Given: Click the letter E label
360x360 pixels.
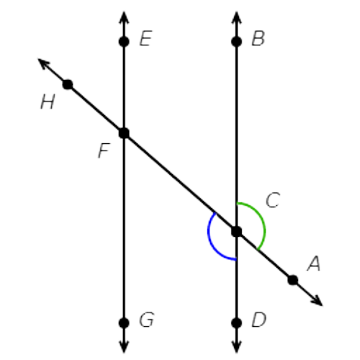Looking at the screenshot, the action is tap(145, 38).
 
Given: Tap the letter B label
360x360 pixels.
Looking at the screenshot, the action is tap(258, 38).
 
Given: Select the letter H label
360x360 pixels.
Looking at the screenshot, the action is tap(48, 102).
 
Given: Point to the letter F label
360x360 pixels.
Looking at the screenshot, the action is tap(104, 150).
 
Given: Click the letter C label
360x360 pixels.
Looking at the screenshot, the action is tap(273, 200).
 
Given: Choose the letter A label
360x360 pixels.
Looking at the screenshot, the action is tap(314, 264).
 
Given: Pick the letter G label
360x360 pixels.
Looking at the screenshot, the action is tap(147, 320).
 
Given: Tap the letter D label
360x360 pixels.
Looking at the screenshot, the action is tap(259, 320).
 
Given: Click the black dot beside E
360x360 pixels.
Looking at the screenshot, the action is tap(124, 42).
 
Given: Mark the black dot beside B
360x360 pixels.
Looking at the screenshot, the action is tap(237, 42).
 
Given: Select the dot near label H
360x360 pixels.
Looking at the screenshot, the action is tap(68, 84).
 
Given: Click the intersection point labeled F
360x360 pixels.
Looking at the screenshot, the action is tap(124, 133).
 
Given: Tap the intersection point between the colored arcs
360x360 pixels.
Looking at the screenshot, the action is tap(237, 232).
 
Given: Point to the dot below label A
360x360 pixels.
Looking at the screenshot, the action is tap(293, 280).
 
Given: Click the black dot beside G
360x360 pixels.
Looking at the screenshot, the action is tap(124, 323).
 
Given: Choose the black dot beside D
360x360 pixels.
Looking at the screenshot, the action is tap(237, 323).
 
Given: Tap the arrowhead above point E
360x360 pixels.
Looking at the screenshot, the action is tap(124, 17).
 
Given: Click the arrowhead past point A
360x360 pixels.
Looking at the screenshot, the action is tap(318, 301).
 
